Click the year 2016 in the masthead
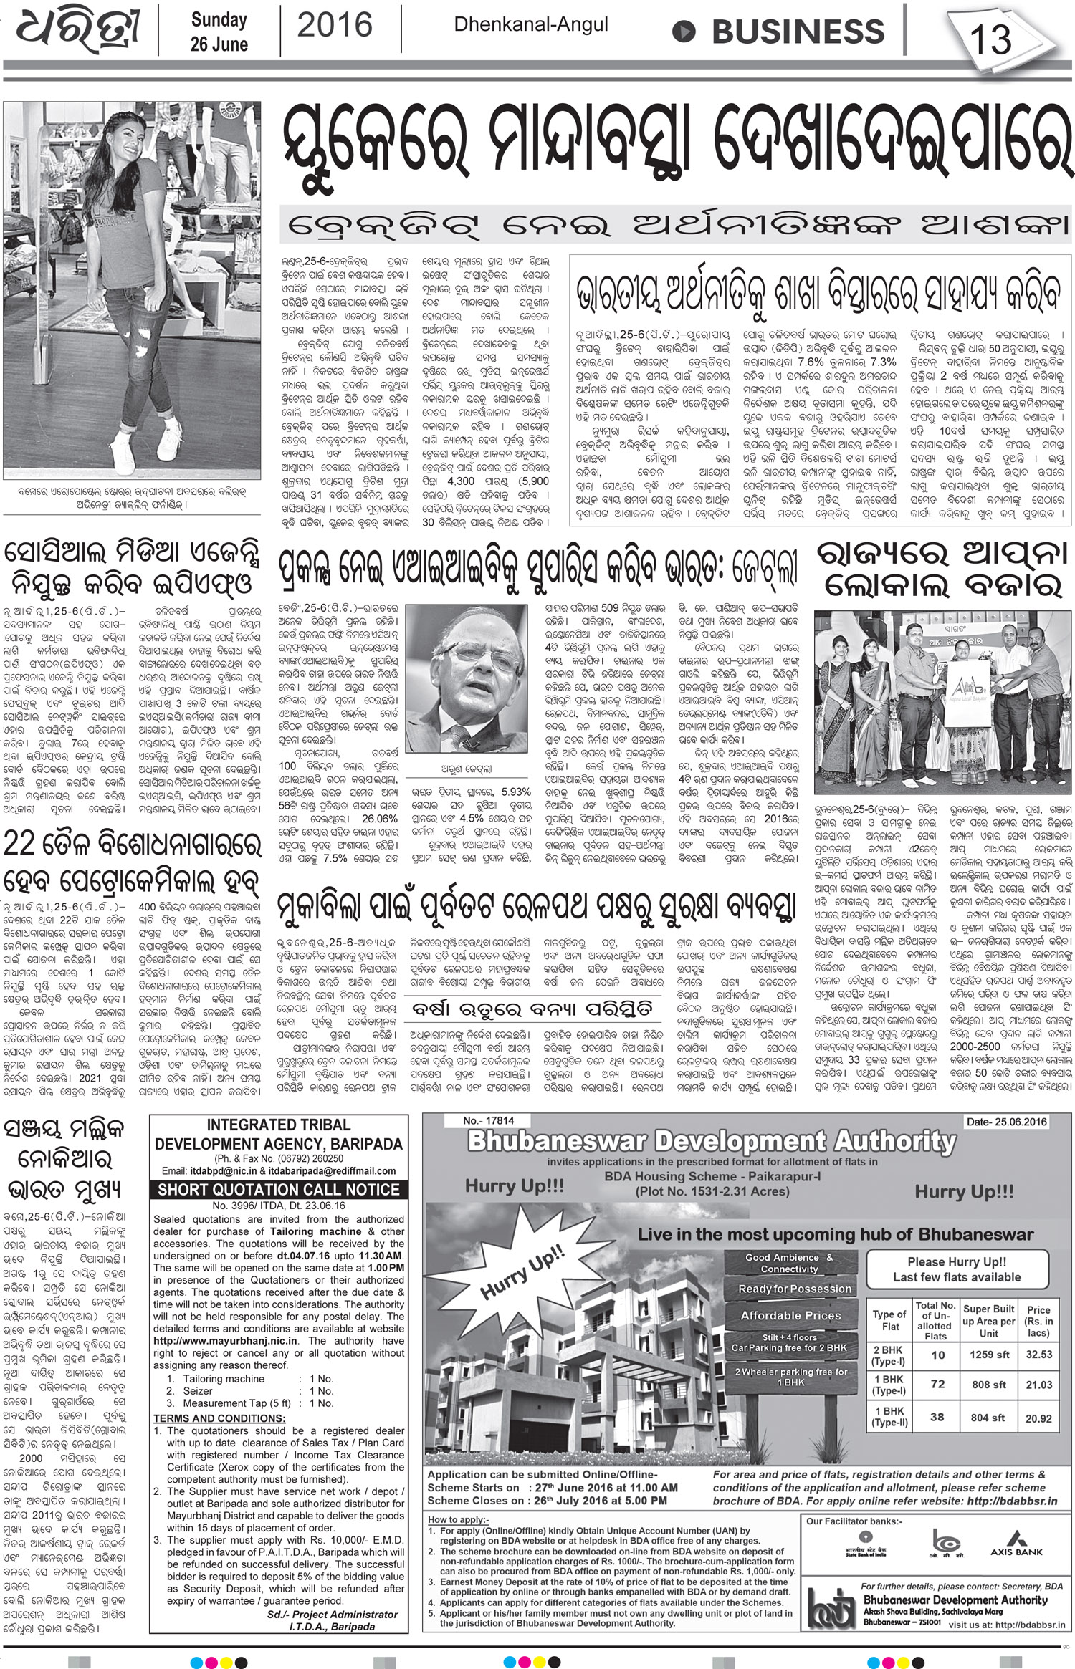(335, 27)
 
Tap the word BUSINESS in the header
(788, 32)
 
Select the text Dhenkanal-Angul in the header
(530, 25)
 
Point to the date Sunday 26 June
(219, 32)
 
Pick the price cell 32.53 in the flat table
(1038, 1354)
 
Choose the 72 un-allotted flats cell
(937, 1384)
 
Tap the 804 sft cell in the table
(988, 1417)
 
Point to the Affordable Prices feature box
(790, 1316)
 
